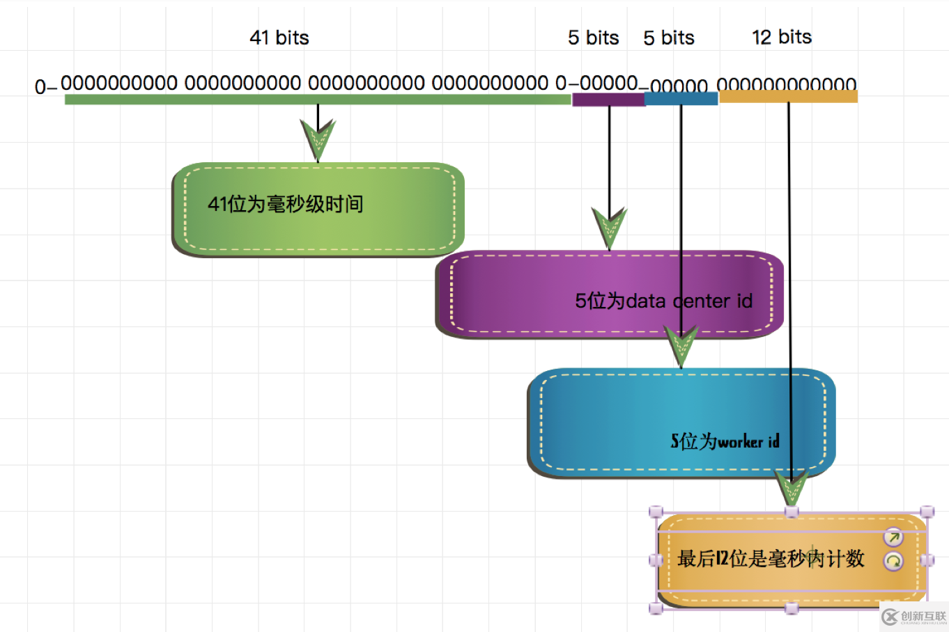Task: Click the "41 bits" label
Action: pyautogui.click(x=279, y=38)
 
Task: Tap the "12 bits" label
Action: pyautogui.click(x=782, y=37)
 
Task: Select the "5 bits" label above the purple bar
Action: pyautogui.click(x=593, y=38)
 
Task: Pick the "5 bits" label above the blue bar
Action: pyautogui.click(x=669, y=38)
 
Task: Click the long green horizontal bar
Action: pyautogui.click(x=317, y=100)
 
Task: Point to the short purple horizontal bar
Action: pyautogui.click(x=608, y=100)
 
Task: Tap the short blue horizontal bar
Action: pyautogui.click(x=681, y=99)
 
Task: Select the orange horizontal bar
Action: pyautogui.click(x=788, y=97)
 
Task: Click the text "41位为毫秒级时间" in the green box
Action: pyautogui.click(x=286, y=204)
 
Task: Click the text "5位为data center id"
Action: pyautogui.click(x=663, y=301)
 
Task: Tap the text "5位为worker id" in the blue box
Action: pyautogui.click(x=725, y=441)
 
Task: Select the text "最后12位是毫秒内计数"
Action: pyautogui.click(x=771, y=558)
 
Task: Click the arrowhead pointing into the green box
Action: pyautogui.click(x=318, y=139)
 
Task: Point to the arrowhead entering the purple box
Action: pyautogui.click(x=609, y=227)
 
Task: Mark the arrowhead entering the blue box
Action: pyautogui.click(x=681, y=345)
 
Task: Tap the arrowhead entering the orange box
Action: pyautogui.click(x=792, y=487)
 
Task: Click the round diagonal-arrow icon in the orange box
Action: pyautogui.click(x=893, y=537)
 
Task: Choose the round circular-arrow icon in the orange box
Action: pyautogui.click(x=893, y=561)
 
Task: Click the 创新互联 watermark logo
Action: pyautogui.click(x=914, y=617)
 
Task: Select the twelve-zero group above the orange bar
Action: pyautogui.click(x=787, y=85)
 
